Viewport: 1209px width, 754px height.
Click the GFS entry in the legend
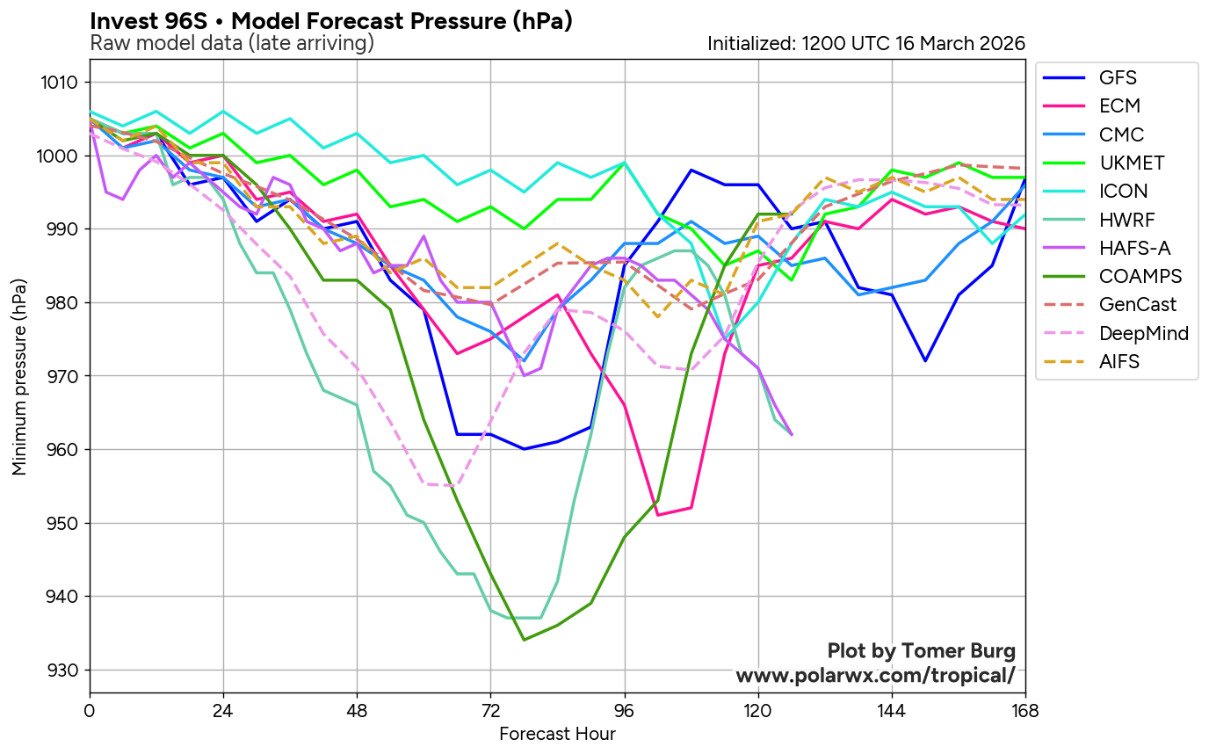(1112, 77)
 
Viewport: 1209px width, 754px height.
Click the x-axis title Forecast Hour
(557, 734)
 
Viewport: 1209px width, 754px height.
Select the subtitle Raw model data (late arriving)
(232, 43)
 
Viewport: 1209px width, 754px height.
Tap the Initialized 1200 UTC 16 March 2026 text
(866, 43)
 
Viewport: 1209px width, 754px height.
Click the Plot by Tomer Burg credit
(921, 651)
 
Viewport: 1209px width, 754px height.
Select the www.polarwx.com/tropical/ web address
(875, 676)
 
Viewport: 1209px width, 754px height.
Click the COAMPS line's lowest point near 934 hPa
(525, 640)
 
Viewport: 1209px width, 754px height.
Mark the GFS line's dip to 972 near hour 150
(925, 361)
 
